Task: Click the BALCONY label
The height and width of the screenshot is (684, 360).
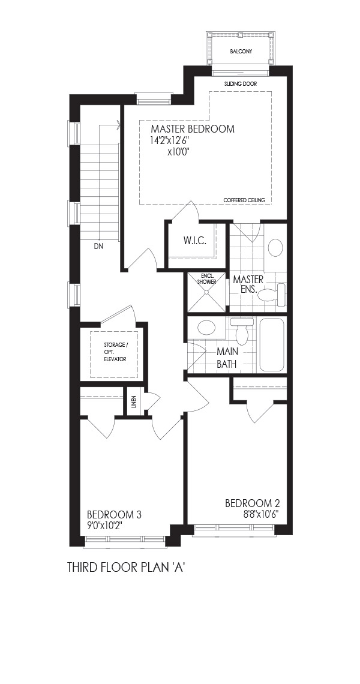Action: coord(241,52)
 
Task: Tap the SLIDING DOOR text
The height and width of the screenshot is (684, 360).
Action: coord(241,83)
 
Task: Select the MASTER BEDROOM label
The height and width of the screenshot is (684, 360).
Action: coord(193,128)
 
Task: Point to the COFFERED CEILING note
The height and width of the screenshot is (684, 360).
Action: coord(244,200)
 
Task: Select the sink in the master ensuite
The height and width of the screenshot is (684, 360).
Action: coord(275,248)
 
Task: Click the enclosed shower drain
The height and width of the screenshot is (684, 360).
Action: coord(206,292)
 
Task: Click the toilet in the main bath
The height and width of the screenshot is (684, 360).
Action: coord(242,331)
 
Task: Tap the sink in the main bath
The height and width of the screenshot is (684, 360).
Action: coord(206,327)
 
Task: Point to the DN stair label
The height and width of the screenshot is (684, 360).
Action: coord(99,247)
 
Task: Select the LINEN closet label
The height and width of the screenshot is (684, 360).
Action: coord(134,401)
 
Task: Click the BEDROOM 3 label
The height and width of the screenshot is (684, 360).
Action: coord(115,515)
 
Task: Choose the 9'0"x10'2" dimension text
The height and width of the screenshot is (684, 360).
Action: coord(104,526)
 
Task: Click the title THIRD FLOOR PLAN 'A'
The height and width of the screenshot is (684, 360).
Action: coord(124,567)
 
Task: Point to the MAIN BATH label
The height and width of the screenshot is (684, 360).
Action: coord(227,358)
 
